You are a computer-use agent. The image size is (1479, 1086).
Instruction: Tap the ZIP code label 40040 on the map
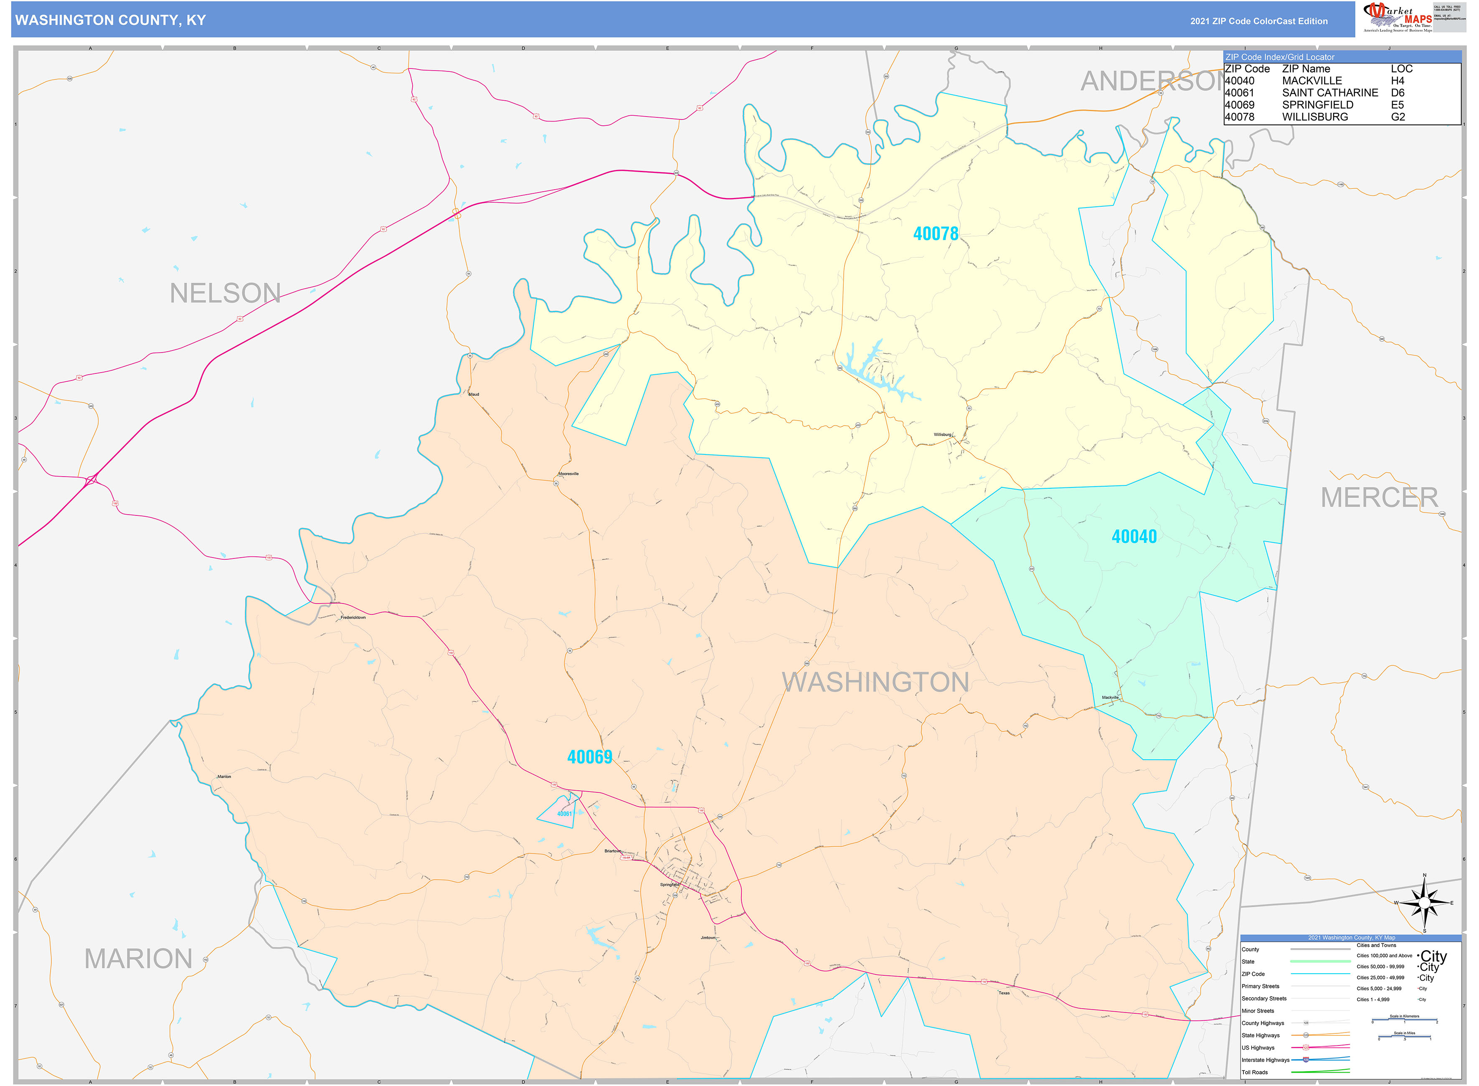(1134, 536)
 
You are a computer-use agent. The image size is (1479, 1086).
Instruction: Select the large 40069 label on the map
(590, 757)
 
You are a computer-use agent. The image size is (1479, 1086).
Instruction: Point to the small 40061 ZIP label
(564, 814)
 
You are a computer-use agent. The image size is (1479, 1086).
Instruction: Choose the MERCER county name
(1379, 497)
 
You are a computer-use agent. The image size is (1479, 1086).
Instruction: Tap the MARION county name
(138, 959)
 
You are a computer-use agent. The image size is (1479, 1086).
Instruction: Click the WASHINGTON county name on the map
(875, 683)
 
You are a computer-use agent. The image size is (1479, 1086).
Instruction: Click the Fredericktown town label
(353, 618)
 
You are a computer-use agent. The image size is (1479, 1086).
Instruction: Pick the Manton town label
(224, 777)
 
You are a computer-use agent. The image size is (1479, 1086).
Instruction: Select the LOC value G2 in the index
(1398, 117)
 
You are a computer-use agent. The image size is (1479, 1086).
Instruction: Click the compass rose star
(1424, 904)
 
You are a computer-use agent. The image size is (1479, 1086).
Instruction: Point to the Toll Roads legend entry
(1254, 1072)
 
